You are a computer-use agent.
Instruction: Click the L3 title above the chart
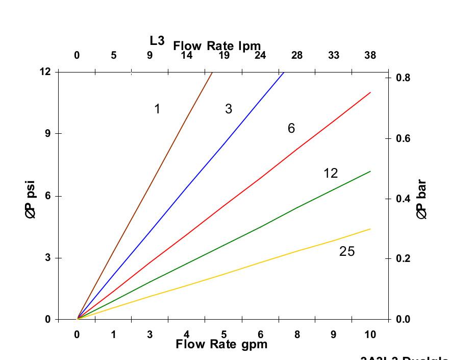(x=157, y=40)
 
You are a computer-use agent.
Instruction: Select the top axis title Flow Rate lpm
(x=217, y=46)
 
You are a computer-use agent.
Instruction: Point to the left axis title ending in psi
(x=31, y=199)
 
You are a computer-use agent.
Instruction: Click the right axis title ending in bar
(x=421, y=199)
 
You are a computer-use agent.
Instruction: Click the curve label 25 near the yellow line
(x=346, y=251)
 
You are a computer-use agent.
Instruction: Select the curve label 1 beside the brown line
(x=157, y=109)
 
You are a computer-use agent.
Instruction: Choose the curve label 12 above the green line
(x=331, y=174)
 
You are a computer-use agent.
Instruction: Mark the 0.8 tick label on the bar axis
(x=403, y=78)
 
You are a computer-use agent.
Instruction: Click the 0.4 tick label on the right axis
(x=403, y=199)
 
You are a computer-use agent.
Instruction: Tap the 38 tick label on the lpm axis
(x=370, y=55)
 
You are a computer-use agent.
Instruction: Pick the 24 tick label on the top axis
(x=260, y=55)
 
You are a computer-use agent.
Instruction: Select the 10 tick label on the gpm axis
(x=370, y=334)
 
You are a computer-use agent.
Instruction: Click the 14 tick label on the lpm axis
(x=187, y=55)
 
